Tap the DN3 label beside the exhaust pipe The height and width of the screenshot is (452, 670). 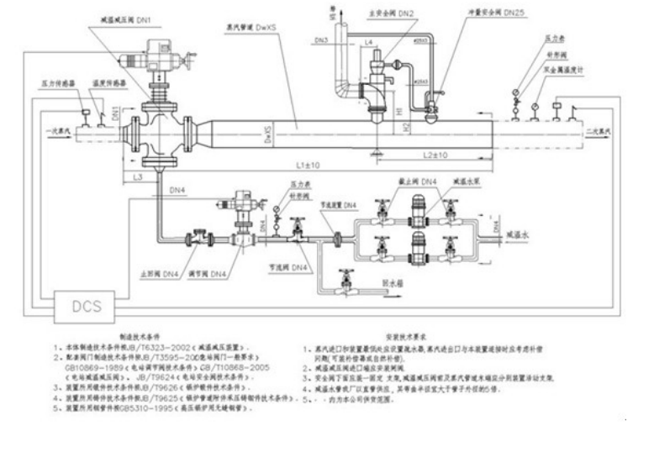click(x=321, y=39)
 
